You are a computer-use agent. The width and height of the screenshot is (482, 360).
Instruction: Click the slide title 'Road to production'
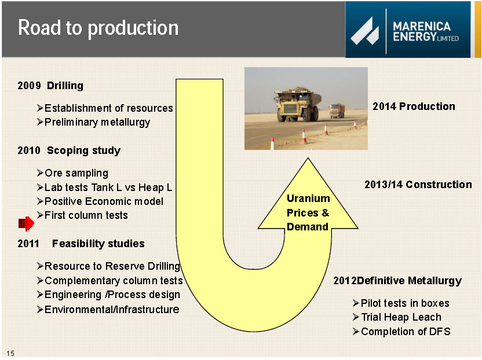pyautogui.click(x=98, y=28)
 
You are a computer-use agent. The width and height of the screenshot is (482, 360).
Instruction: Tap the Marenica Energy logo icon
pyautogui.click(x=364, y=31)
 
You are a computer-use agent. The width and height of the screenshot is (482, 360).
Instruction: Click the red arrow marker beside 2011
pyautogui.click(x=26, y=223)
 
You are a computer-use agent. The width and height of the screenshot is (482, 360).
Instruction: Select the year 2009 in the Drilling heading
pyautogui.click(x=29, y=86)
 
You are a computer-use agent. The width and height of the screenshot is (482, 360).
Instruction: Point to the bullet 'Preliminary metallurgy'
pyautogui.click(x=94, y=122)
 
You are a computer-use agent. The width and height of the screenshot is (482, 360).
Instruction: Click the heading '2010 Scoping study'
pyautogui.click(x=69, y=150)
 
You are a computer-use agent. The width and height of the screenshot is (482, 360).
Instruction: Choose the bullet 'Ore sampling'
pyautogui.click(x=72, y=173)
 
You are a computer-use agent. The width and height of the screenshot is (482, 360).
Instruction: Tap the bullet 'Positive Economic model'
pyautogui.click(x=100, y=201)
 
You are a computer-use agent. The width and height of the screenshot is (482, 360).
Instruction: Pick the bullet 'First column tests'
pyautogui.click(x=82, y=215)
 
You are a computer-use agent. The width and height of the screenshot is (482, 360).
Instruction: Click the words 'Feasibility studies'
pyautogui.click(x=98, y=244)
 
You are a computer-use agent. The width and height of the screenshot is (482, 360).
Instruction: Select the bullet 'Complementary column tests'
pyautogui.click(x=110, y=281)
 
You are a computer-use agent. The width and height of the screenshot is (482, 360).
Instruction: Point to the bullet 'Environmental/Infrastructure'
pyautogui.click(x=108, y=309)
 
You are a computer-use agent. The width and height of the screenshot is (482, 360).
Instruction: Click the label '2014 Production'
pyautogui.click(x=414, y=106)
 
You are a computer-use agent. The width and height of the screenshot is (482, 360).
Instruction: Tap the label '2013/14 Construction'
pyautogui.click(x=418, y=184)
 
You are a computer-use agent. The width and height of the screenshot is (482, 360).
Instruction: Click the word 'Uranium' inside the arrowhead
pyautogui.click(x=308, y=199)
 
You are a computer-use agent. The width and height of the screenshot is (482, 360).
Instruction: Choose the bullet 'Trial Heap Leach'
pyautogui.click(x=397, y=317)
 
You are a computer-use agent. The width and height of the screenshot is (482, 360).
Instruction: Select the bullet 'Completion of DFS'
pyautogui.click(x=401, y=332)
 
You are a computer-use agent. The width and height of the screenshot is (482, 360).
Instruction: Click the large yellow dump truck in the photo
pyautogui.click(x=297, y=104)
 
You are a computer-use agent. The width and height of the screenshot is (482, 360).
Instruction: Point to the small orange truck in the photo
pyautogui.click(x=337, y=111)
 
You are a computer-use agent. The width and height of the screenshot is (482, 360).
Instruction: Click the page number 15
pyautogui.click(x=10, y=353)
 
